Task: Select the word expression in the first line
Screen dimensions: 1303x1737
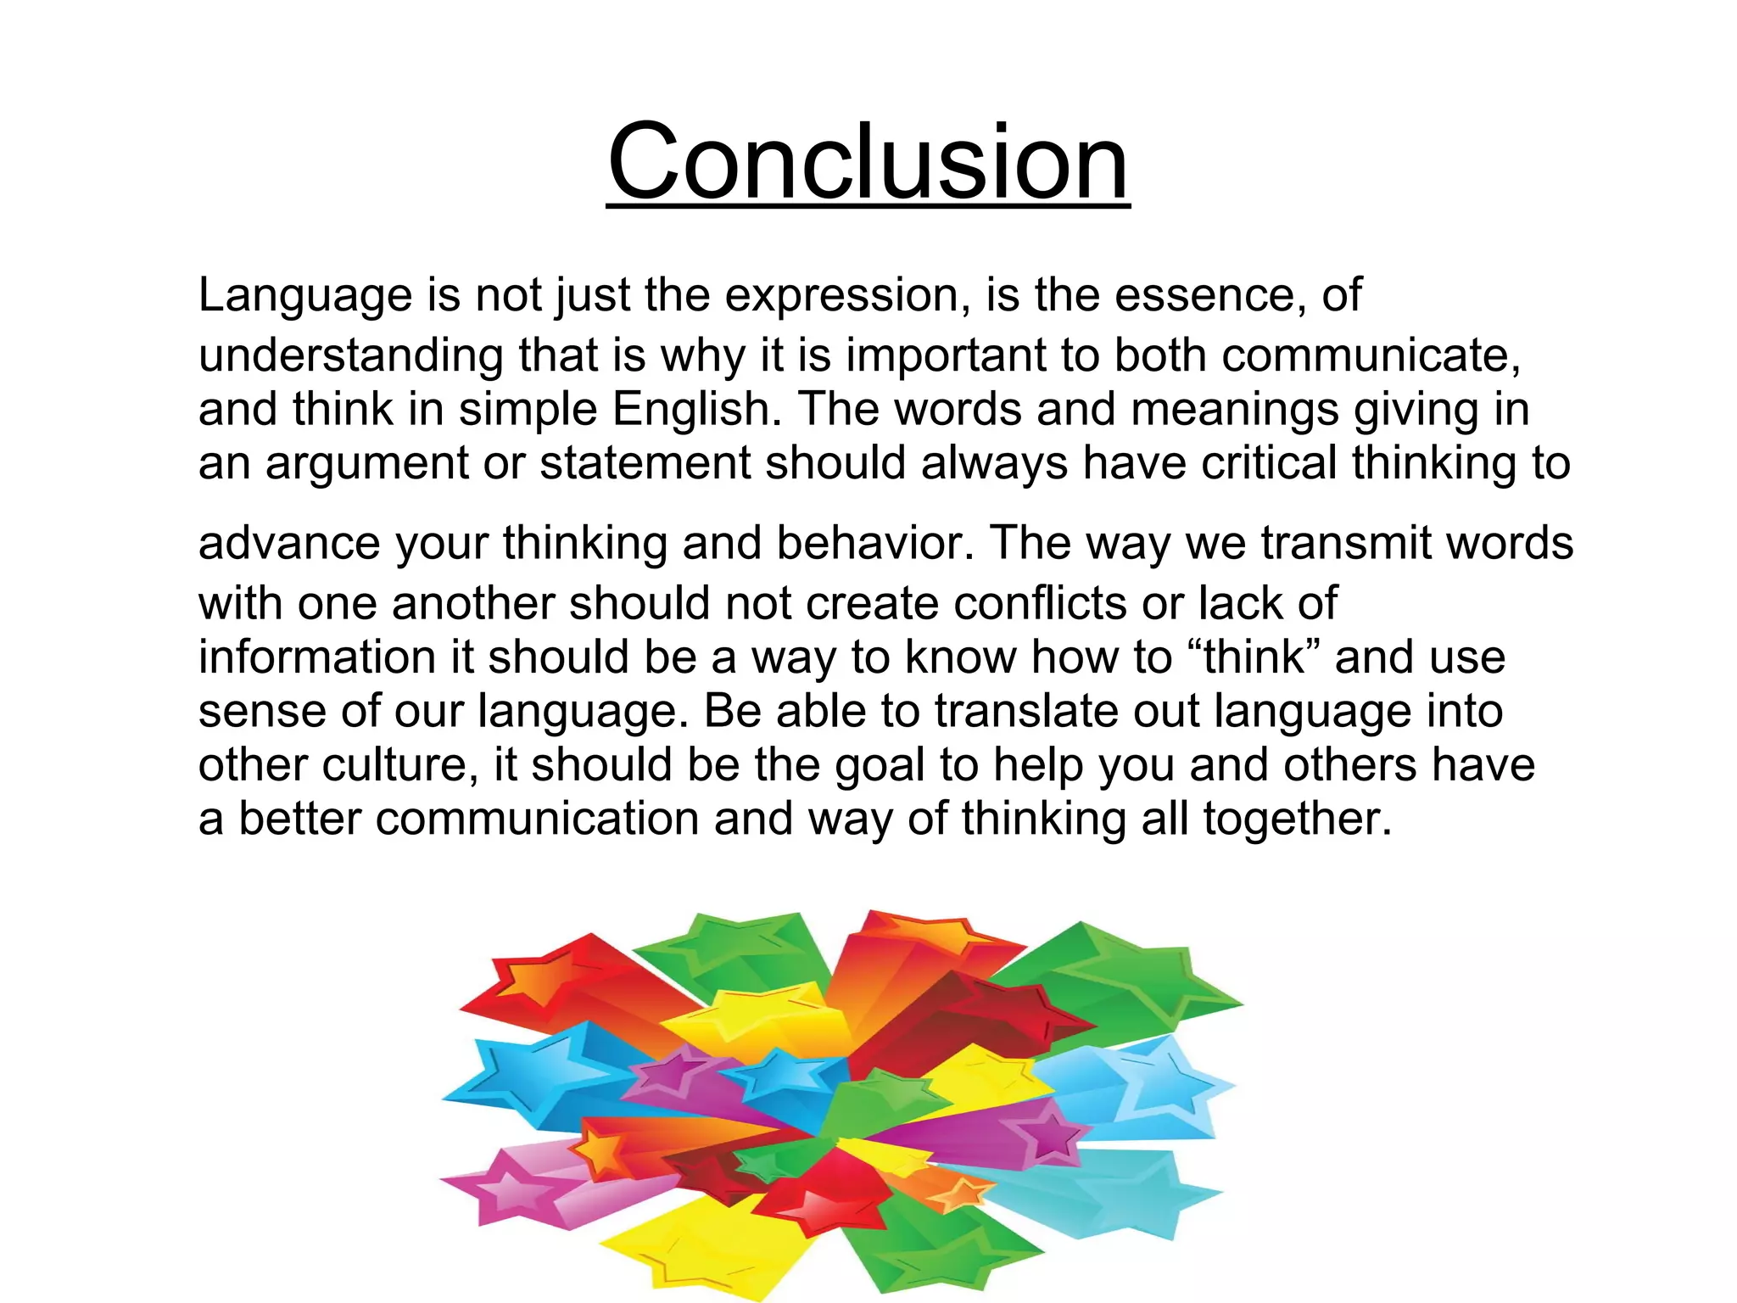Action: pyautogui.click(x=847, y=295)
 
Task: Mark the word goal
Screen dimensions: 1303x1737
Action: pyautogui.click(x=880, y=766)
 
